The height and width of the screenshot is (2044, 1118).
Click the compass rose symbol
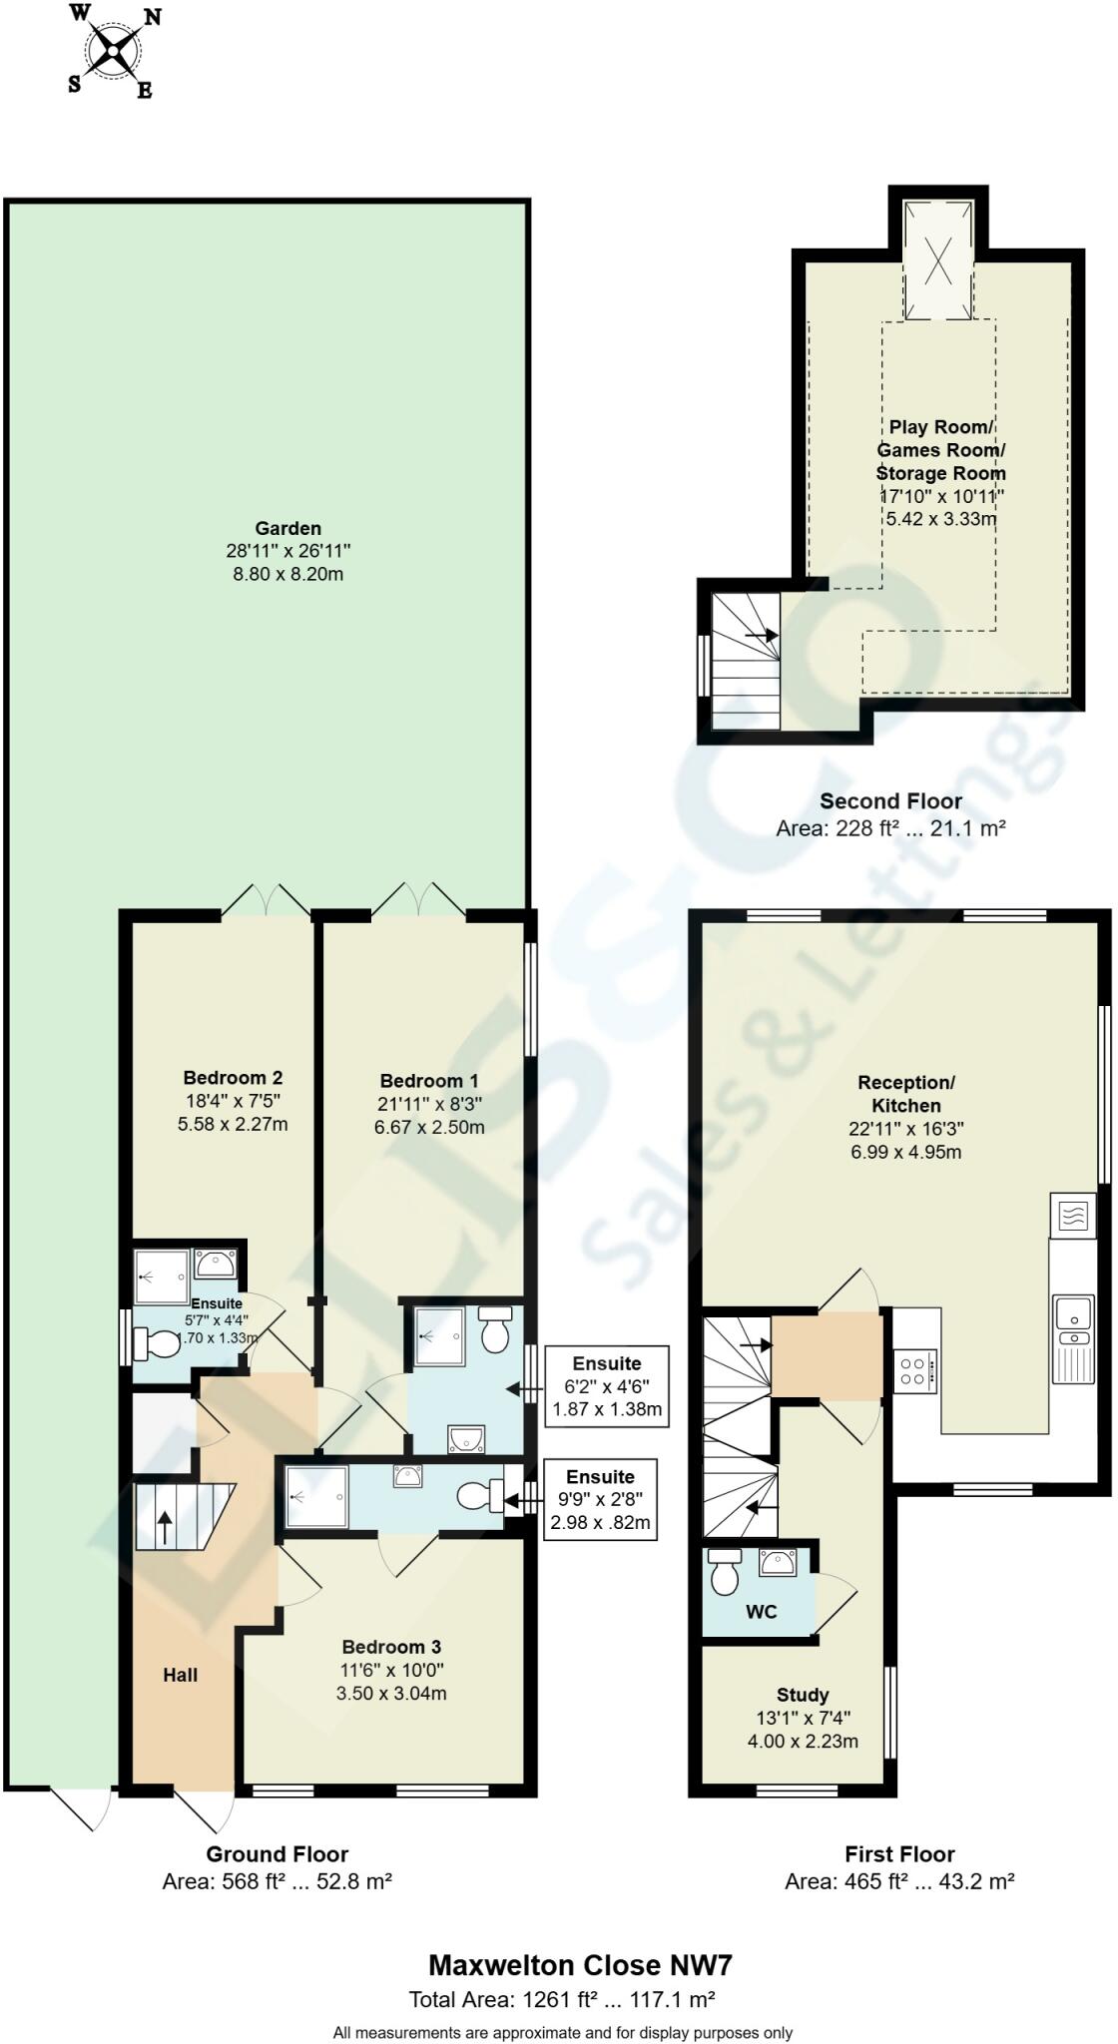click(x=113, y=51)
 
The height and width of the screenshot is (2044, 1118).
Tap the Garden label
click(x=288, y=528)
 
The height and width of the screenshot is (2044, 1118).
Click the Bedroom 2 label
click(x=233, y=1077)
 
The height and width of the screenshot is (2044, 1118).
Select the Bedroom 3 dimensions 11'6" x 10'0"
click(x=392, y=1670)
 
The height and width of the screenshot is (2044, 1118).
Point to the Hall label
click(x=181, y=1675)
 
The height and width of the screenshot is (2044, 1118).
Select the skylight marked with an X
click(x=938, y=259)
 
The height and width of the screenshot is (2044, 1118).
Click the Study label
click(x=803, y=1695)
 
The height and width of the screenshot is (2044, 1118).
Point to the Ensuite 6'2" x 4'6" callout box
click(x=607, y=1386)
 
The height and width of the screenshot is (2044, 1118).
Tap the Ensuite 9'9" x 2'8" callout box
click(x=600, y=1499)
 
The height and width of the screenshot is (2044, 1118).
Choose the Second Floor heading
click(x=890, y=800)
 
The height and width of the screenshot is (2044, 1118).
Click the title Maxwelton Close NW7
click(x=581, y=1966)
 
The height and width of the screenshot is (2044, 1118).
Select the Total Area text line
click(x=562, y=2000)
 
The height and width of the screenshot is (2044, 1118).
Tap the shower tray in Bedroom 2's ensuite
click(x=162, y=1276)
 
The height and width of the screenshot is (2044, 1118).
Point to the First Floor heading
click(x=899, y=1854)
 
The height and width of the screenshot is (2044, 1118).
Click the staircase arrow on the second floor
click(x=762, y=634)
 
